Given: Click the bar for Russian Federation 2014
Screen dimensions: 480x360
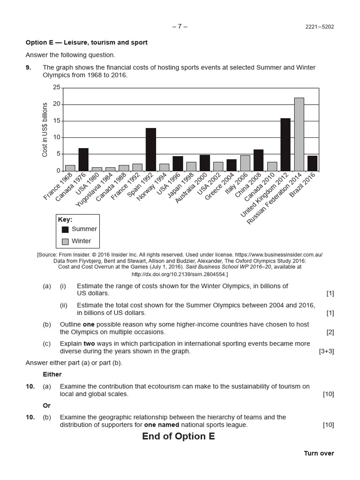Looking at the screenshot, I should coord(299,134).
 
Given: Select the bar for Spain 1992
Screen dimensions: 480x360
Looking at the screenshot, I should coord(150,149).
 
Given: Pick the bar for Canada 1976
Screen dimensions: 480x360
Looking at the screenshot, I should coord(83,159).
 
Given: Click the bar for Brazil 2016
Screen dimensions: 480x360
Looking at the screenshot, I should coord(313,163).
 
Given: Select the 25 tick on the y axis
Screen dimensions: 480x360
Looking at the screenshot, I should coord(57,88).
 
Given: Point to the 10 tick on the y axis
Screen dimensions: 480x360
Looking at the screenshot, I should coord(57,137).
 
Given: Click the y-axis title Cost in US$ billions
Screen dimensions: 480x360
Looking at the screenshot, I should coord(45,129).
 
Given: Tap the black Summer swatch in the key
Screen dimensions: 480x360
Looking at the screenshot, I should coord(65,229).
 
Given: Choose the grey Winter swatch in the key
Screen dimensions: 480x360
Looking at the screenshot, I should coord(65,241).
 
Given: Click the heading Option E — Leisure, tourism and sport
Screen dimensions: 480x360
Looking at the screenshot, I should coord(87,43).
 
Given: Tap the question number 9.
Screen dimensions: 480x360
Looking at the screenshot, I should coord(29,67).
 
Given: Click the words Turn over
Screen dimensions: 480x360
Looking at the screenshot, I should coord(319,453).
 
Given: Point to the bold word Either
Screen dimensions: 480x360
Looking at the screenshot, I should coord(52,375).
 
